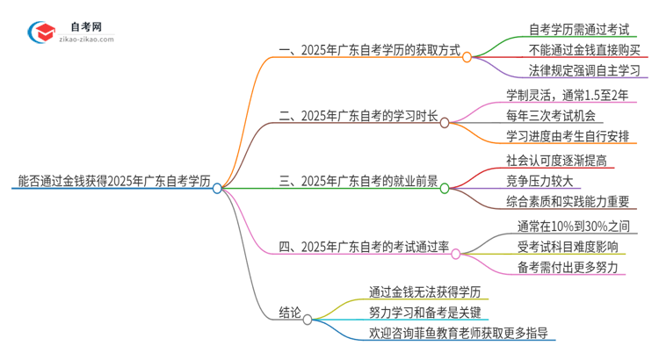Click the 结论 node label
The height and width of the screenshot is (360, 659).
coord(290,312)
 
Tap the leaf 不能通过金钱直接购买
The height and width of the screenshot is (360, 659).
coord(583,50)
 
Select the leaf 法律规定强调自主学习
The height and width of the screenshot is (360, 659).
coord(583,70)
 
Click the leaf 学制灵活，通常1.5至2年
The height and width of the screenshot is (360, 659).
coord(568,94)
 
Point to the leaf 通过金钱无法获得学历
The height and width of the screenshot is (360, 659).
coord(425,291)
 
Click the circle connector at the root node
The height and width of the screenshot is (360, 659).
coord(217,188)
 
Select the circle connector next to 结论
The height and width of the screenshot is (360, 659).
coord(308,320)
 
